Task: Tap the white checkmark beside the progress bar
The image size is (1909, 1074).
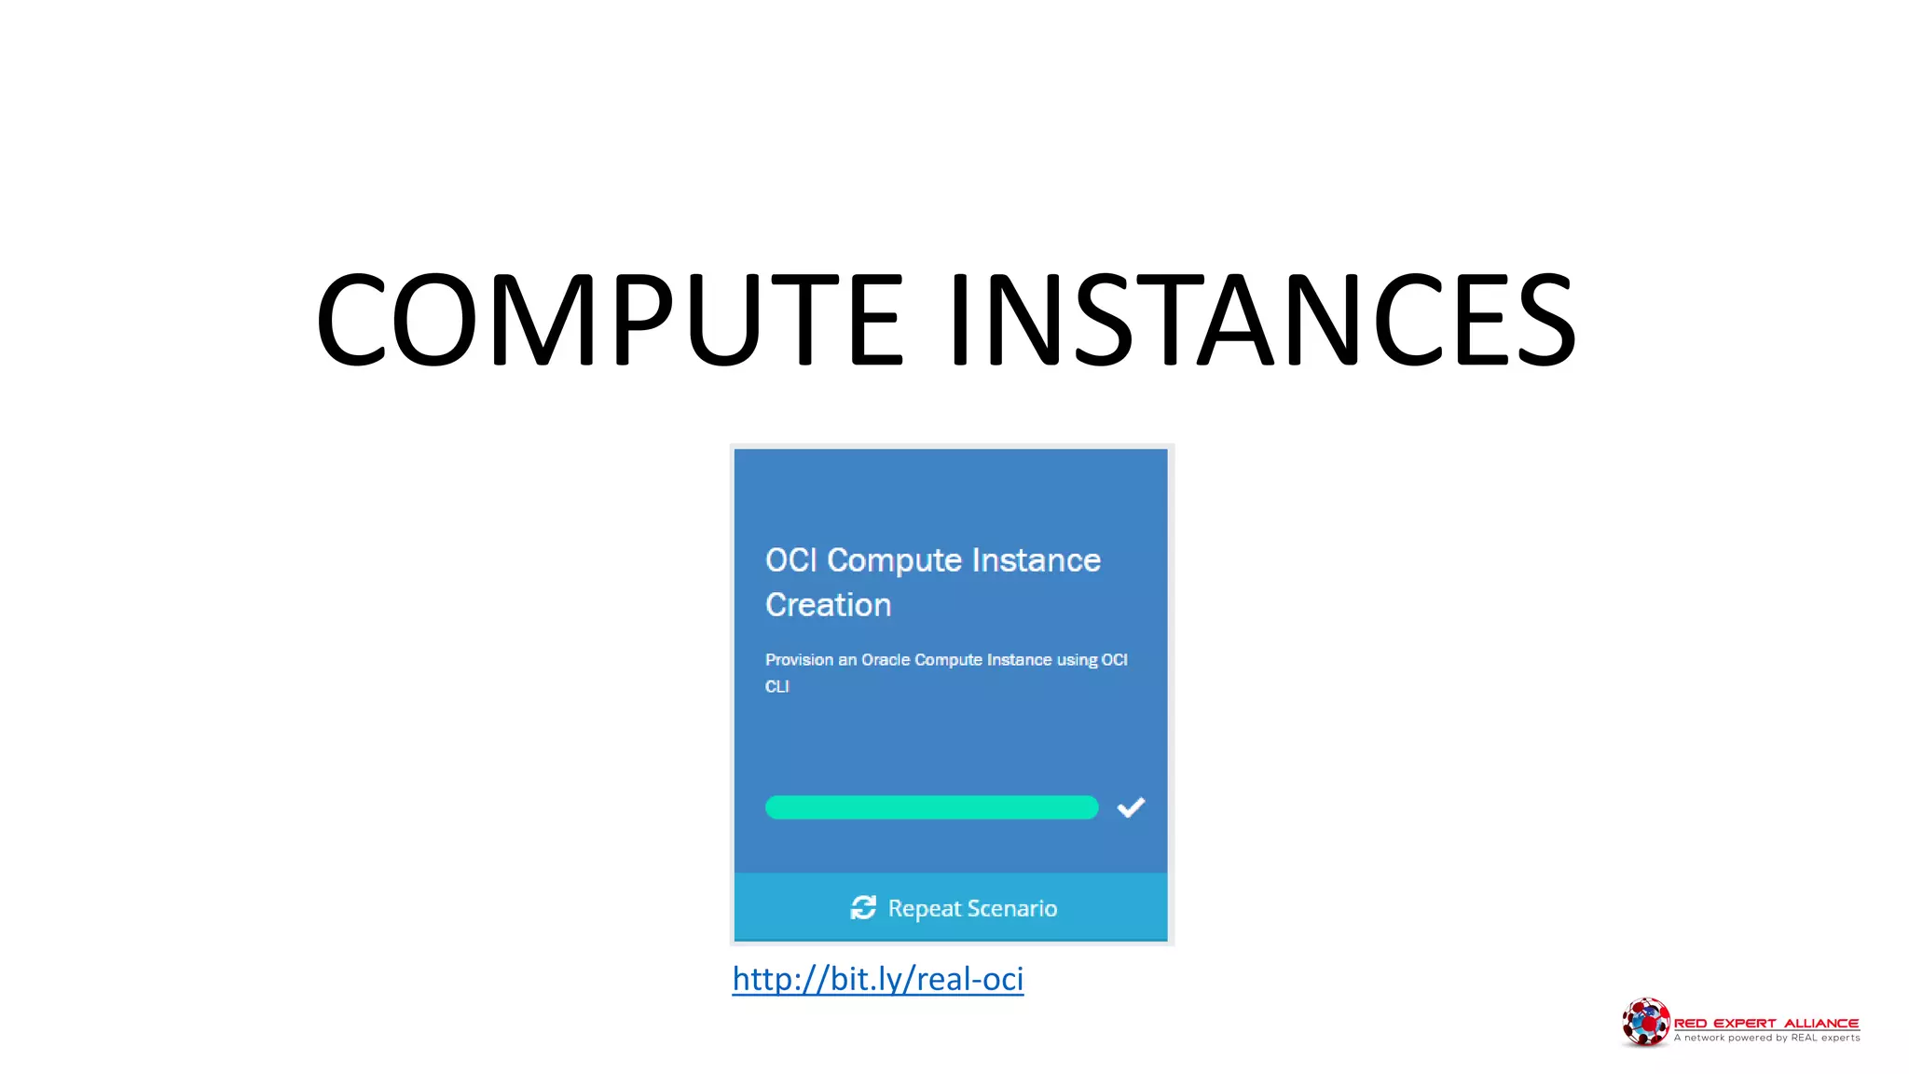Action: [x=1131, y=807]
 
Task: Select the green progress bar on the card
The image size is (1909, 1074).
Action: [x=931, y=807]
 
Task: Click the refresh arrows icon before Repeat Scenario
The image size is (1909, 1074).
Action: [x=863, y=907]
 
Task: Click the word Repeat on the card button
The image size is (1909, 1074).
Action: [x=924, y=908]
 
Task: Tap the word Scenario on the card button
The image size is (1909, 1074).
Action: [x=1011, y=908]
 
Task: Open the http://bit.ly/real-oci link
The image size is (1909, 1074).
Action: [x=877, y=979]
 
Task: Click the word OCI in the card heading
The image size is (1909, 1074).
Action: [x=790, y=560]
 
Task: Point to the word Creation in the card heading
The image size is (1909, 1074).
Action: [x=828, y=605]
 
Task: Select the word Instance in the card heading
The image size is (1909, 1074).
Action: [x=1036, y=560]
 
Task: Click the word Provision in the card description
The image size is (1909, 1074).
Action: [x=799, y=660]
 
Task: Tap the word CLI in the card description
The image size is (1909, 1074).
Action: [x=776, y=686]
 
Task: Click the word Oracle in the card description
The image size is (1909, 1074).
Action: [x=885, y=660]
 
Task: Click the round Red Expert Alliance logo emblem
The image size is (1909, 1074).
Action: [x=1645, y=1022]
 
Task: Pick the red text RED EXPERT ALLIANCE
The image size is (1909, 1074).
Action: [x=1765, y=1023]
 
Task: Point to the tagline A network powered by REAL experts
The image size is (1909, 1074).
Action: [x=1766, y=1038]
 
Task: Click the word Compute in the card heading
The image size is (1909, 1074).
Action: [x=894, y=560]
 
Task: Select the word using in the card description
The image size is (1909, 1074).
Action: [x=1077, y=660]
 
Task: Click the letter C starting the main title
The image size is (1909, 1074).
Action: [x=351, y=319]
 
